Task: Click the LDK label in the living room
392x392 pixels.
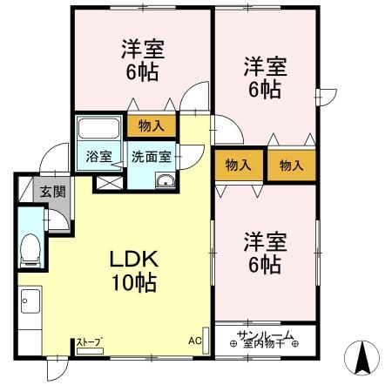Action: tap(132, 260)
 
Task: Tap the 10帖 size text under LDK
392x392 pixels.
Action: tap(132, 282)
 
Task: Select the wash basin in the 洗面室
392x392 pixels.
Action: tap(165, 180)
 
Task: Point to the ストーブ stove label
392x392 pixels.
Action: tap(89, 341)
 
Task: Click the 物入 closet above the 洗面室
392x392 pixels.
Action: tap(152, 125)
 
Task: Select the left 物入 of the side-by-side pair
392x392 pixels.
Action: tap(238, 165)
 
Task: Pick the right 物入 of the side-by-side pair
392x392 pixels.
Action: tap(290, 165)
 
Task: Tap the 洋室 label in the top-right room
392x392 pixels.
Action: tap(265, 66)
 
